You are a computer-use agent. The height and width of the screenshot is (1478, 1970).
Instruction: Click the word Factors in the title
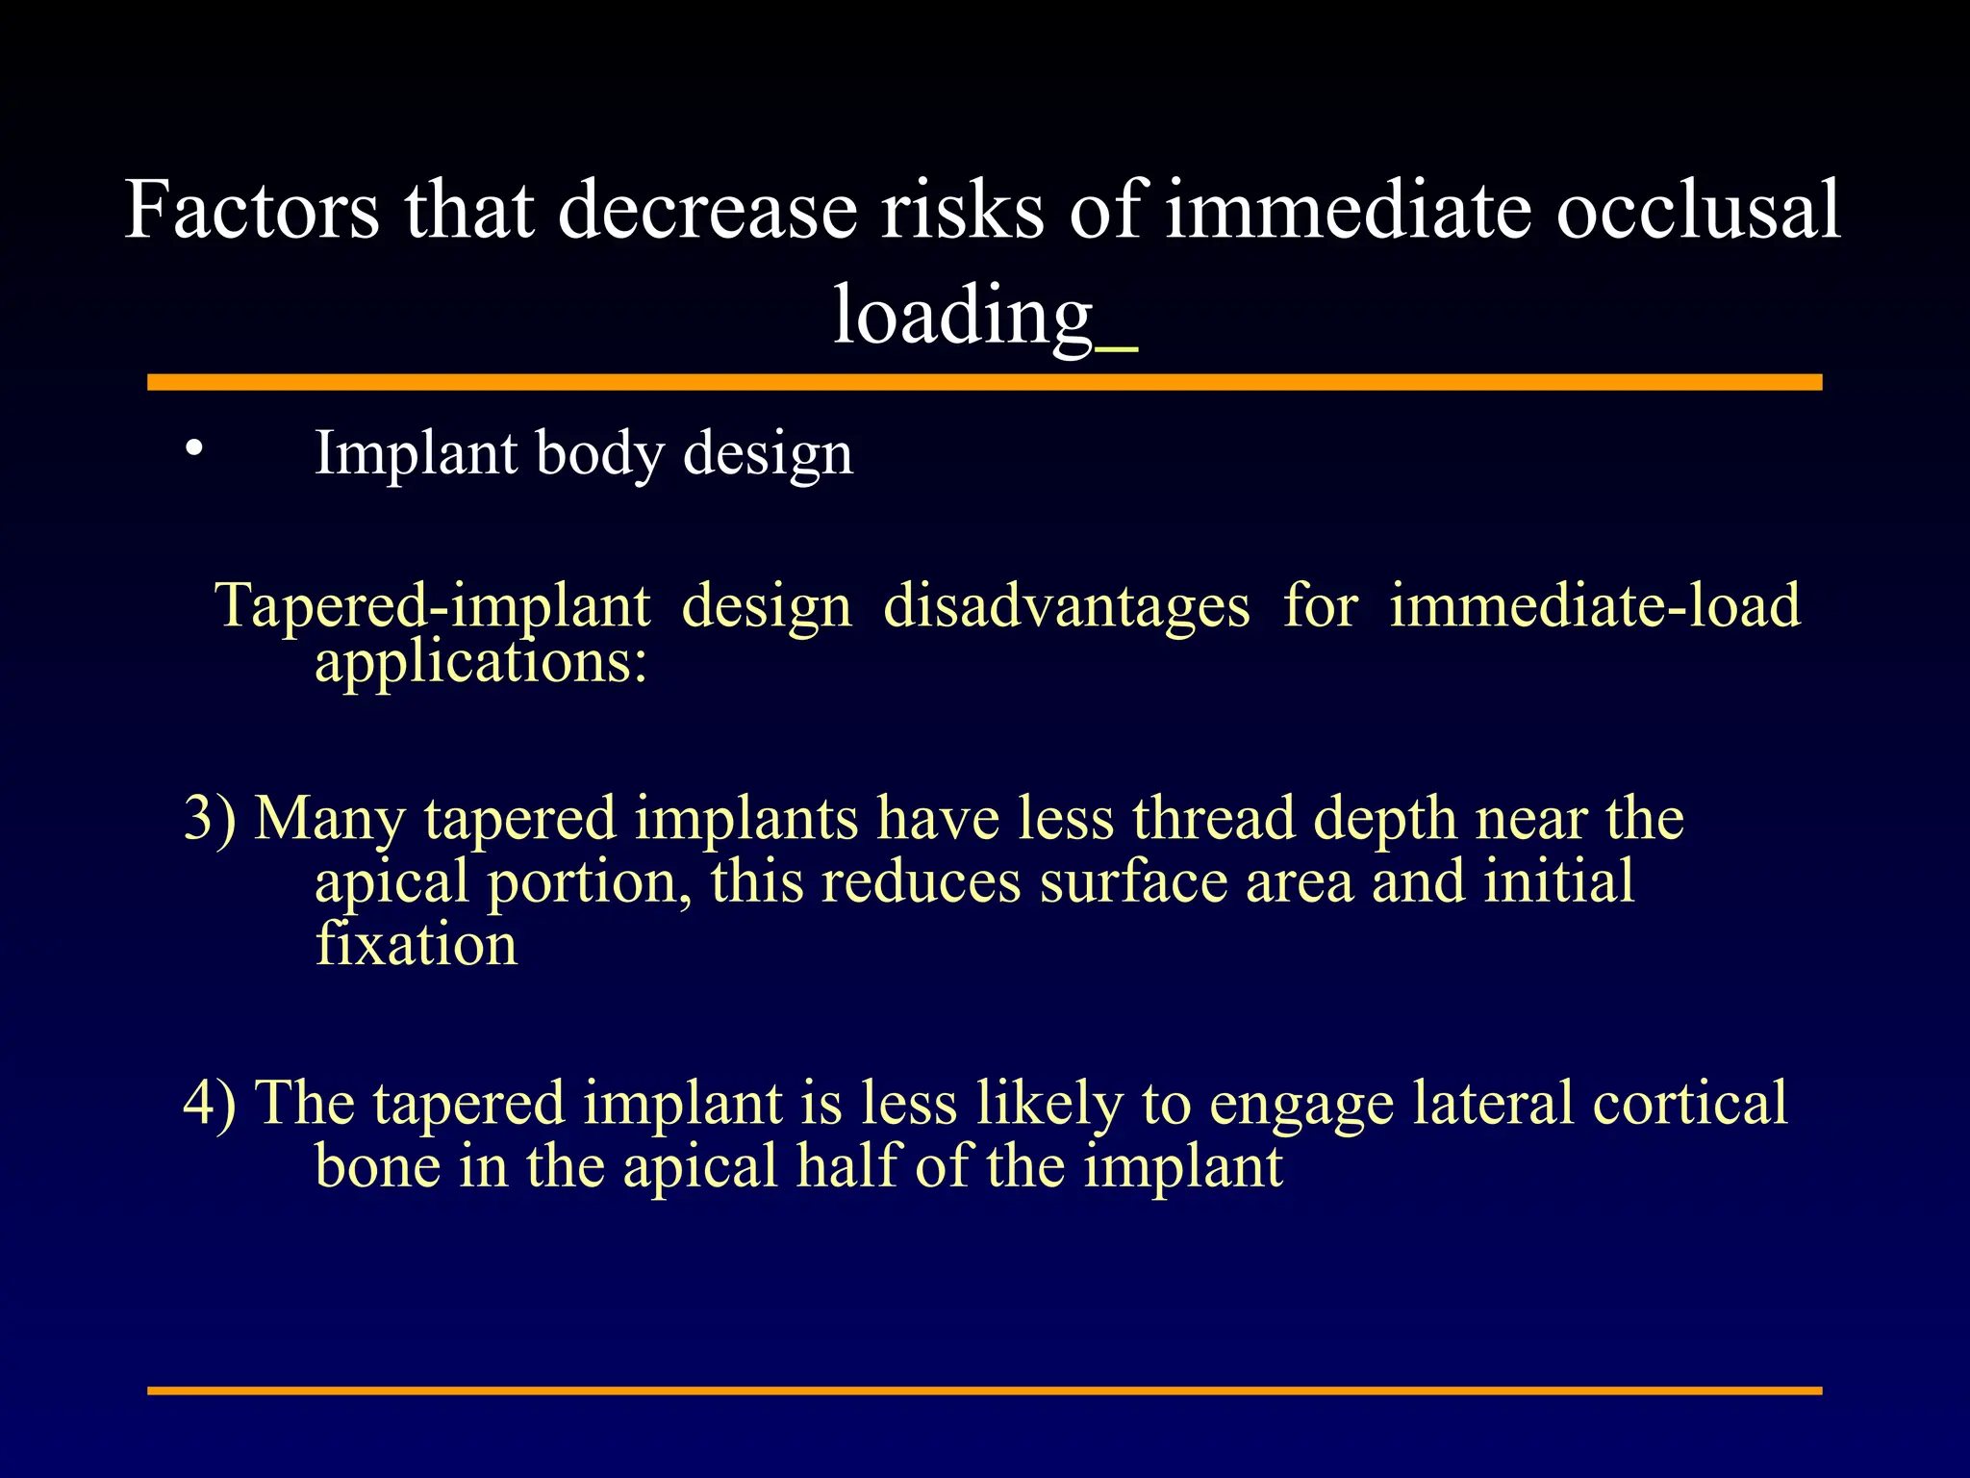252,210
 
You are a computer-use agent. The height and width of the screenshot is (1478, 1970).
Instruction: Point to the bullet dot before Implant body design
194,448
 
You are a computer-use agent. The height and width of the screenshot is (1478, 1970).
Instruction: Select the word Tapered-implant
433,606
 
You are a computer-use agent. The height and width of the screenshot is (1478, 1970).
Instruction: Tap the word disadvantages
1067,606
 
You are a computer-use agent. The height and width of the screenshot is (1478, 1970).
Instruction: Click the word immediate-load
1595,606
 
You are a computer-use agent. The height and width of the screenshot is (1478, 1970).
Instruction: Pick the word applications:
481,663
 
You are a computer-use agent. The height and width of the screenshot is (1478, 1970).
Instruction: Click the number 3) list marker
210,819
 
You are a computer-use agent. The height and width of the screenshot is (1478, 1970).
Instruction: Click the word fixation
417,944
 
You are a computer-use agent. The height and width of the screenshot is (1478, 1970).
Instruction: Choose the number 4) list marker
210,1103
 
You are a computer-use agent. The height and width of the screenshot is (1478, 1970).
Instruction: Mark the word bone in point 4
377,1166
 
